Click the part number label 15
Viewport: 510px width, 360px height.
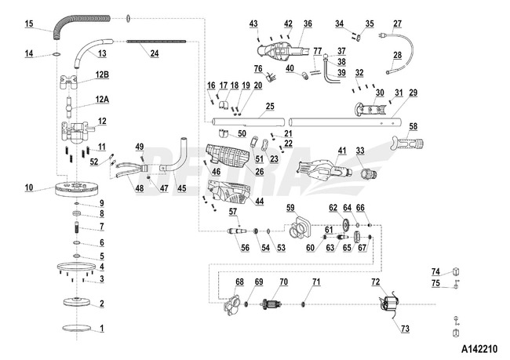pos(28,24)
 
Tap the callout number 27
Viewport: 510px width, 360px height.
pos(397,24)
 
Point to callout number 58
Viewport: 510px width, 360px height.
pos(413,125)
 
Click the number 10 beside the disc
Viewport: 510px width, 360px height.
pos(28,187)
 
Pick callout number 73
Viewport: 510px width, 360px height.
pos(405,329)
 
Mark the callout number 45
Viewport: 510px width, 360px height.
pos(181,187)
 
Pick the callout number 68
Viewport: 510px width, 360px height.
pos(239,282)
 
